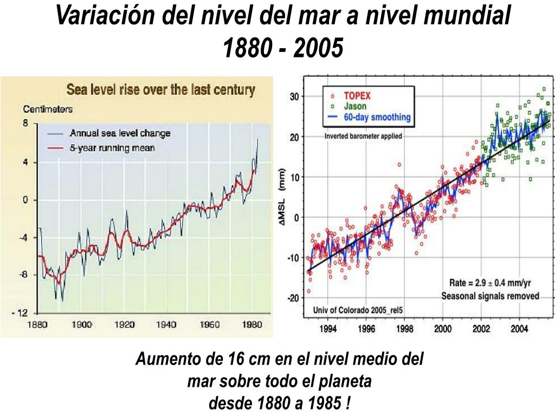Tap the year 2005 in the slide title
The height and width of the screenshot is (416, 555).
click(319, 49)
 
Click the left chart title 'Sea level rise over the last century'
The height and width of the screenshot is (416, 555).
click(160, 89)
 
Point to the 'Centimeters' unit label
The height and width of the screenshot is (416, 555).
click(47, 109)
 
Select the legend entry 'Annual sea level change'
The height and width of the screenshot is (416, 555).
click(119, 133)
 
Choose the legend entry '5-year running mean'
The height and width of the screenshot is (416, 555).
click(112, 148)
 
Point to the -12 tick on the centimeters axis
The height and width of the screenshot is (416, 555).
click(21, 313)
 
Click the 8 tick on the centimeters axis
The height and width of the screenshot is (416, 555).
click(25, 123)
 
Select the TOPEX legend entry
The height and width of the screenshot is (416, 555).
click(358, 96)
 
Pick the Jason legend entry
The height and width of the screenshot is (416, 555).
click(355, 106)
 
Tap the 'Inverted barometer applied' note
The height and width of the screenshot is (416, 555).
click(363, 136)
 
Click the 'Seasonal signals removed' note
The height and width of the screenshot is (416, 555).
click(490, 296)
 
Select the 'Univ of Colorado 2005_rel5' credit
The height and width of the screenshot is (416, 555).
click(358, 310)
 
